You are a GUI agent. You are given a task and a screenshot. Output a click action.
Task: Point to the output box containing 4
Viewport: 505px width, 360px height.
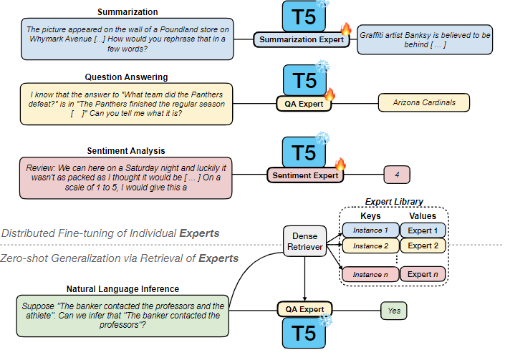pos(395,174)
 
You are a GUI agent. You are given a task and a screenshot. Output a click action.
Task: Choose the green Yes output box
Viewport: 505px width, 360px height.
pos(393,310)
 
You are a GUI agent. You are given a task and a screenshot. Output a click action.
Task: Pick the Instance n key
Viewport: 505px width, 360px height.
pos(368,274)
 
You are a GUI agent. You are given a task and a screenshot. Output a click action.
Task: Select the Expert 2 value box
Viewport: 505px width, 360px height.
pos(422,246)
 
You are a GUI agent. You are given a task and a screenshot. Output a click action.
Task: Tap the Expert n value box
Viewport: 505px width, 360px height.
pos(422,274)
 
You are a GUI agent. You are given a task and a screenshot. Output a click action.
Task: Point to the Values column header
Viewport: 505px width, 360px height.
pos(422,215)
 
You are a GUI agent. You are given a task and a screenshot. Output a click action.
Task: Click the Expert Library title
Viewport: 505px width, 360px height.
pos(394,202)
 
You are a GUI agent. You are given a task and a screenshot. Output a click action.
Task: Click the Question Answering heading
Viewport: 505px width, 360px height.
pos(126,77)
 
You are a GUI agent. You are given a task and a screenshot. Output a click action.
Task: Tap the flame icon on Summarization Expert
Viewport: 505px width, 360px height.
pos(346,30)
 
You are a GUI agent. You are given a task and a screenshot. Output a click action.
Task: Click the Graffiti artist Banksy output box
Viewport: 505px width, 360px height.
pos(425,40)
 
